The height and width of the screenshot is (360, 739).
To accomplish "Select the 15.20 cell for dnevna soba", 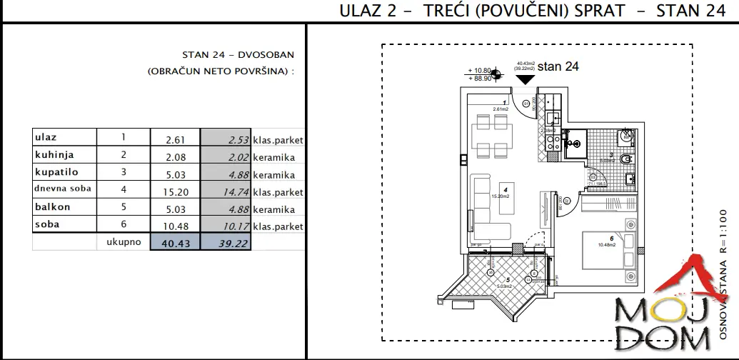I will (x=176, y=191).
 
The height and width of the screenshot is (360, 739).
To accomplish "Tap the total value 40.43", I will (x=176, y=244).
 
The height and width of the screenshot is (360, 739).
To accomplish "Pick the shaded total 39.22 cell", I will (x=226, y=244).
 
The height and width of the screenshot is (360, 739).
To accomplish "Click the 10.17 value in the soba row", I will (x=226, y=226).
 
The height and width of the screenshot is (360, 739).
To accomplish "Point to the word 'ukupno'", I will (x=122, y=243).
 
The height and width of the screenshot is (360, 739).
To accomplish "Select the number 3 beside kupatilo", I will (x=123, y=173).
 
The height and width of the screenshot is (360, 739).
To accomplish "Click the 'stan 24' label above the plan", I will (x=558, y=67).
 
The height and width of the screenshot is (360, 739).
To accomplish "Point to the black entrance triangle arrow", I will (x=526, y=79).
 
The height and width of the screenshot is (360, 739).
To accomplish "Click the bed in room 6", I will (x=607, y=250).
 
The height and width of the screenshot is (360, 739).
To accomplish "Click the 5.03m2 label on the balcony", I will (x=506, y=288).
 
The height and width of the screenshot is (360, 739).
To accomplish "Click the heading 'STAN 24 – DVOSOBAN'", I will (x=238, y=55).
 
